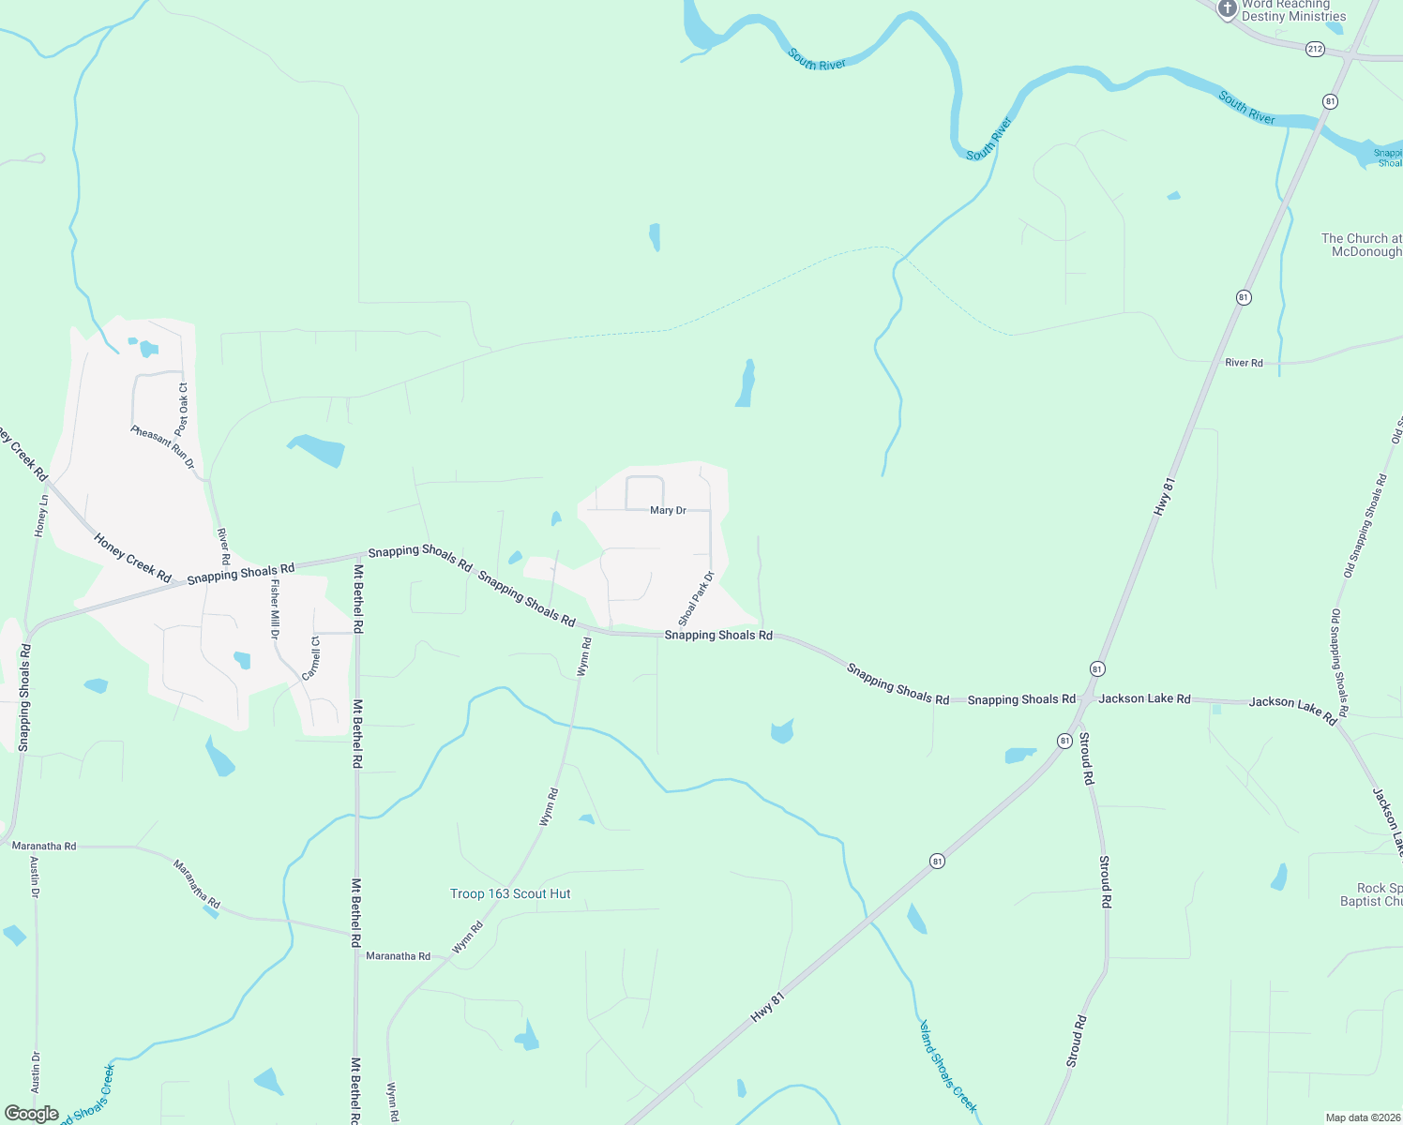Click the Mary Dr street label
click(x=668, y=511)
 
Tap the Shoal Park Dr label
click(x=696, y=599)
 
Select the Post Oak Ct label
click(x=183, y=409)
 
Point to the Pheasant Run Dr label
click(x=163, y=446)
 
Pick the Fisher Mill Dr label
click(x=275, y=609)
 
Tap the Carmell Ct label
click(x=311, y=658)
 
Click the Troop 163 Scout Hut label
click(x=510, y=894)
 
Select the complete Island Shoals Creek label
click(x=948, y=1067)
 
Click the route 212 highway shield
click(x=1315, y=49)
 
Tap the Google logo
click(x=31, y=1114)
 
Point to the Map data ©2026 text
click(x=1363, y=1117)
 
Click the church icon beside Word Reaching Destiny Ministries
click(x=1227, y=9)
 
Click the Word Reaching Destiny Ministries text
click(x=1294, y=10)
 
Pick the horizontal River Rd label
click(x=1244, y=363)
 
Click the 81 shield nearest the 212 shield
click(x=1330, y=101)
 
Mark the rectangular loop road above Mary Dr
click(x=644, y=493)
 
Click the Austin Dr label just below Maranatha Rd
click(x=35, y=877)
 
